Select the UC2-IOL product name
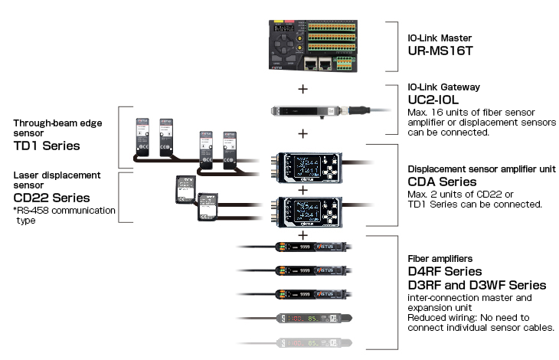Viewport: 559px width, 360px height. [x=434, y=100]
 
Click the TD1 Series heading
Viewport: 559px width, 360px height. [x=46, y=146]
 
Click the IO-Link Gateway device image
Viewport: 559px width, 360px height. [x=305, y=111]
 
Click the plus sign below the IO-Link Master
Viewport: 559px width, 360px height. [x=303, y=89]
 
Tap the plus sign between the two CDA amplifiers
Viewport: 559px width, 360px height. [x=303, y=188]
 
